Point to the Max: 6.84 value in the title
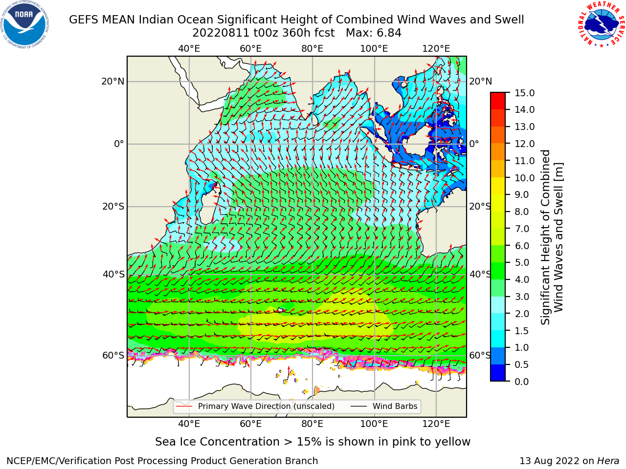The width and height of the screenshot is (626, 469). [374, 33]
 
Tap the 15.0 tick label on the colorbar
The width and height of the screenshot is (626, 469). [524, 93]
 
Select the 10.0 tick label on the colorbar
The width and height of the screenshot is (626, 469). [524, 178]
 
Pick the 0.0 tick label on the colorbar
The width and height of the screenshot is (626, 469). [522, 382]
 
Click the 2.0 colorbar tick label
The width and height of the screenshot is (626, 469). [522, 314]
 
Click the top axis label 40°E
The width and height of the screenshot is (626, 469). [189, 49]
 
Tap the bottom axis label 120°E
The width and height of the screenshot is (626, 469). [436, 424]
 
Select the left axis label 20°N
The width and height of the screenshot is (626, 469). [113, 82]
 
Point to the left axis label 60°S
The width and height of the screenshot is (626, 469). [113, 356]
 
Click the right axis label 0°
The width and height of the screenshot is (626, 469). [474, 144]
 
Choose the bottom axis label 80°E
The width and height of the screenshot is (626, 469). [313, 424]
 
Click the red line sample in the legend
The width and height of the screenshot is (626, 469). [184, 406]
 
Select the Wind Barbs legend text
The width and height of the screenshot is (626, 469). [395, 406]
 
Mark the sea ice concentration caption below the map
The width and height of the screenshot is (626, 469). [313, 442]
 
